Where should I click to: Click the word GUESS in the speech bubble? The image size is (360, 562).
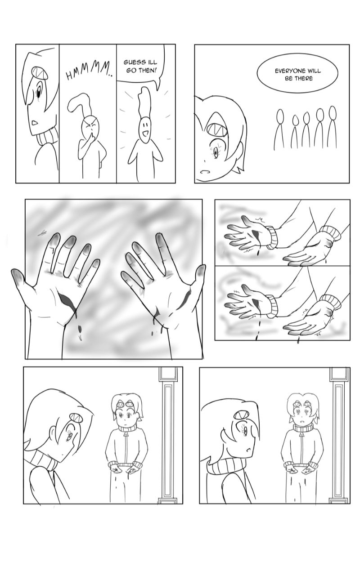(134, 62)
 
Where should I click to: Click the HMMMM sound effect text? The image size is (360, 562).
(88, 71)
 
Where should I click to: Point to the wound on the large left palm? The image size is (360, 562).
(66, 299)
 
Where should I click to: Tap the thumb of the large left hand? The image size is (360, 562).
(21, 278)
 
